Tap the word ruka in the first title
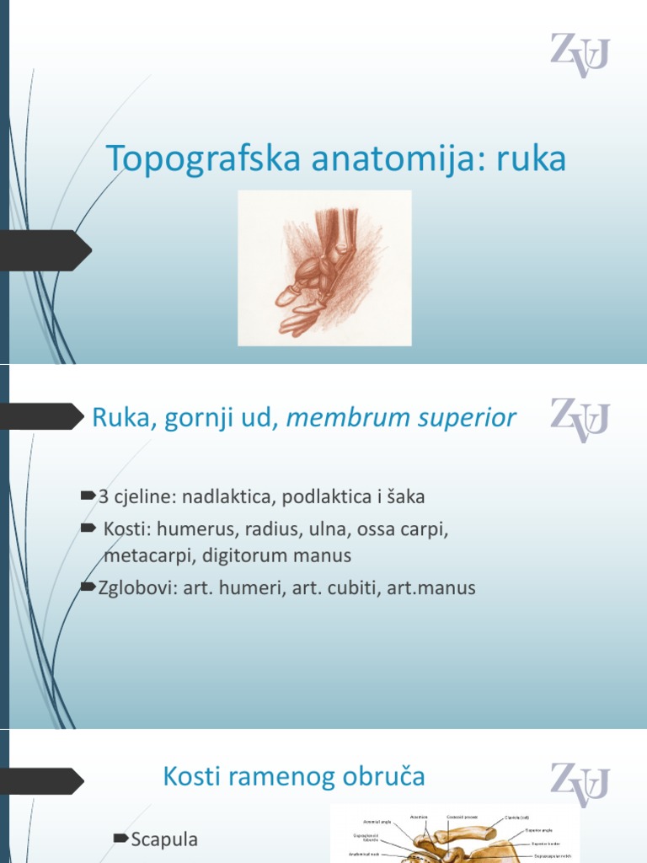coord(531,159)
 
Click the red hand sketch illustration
coord(324,268)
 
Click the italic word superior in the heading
coord(465,418)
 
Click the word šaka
coord(405,497)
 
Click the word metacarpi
coord(144,555)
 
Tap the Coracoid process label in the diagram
coord(463,817)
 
